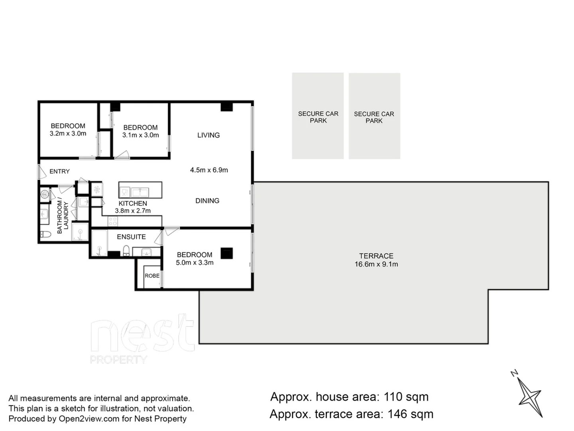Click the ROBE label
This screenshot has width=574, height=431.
[152, 276]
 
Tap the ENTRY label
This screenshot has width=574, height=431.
[59, 171]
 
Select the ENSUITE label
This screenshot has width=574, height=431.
[131, 237]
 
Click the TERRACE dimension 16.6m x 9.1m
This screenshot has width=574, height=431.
[376, 264]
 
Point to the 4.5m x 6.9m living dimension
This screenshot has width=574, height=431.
[209, 170]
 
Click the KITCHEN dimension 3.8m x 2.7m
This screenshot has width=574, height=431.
[133, 211]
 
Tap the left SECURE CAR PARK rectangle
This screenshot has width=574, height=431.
[318, 116]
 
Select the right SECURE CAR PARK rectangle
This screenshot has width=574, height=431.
[374, 116]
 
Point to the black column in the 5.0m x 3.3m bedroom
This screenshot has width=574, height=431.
[226, 253]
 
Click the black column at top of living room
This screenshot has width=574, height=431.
[226, 107]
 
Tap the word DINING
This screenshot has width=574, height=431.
[207, 201]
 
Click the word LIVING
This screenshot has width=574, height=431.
[208, 135]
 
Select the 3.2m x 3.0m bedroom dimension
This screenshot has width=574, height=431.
[68, 134]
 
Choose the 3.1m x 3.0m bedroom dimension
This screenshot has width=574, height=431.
[140, 135]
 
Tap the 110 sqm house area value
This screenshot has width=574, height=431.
[406, 397]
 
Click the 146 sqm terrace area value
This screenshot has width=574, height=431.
[410, 414]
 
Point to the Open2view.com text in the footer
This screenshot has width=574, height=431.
[89, 419]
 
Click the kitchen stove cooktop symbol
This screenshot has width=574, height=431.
[113, 221]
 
